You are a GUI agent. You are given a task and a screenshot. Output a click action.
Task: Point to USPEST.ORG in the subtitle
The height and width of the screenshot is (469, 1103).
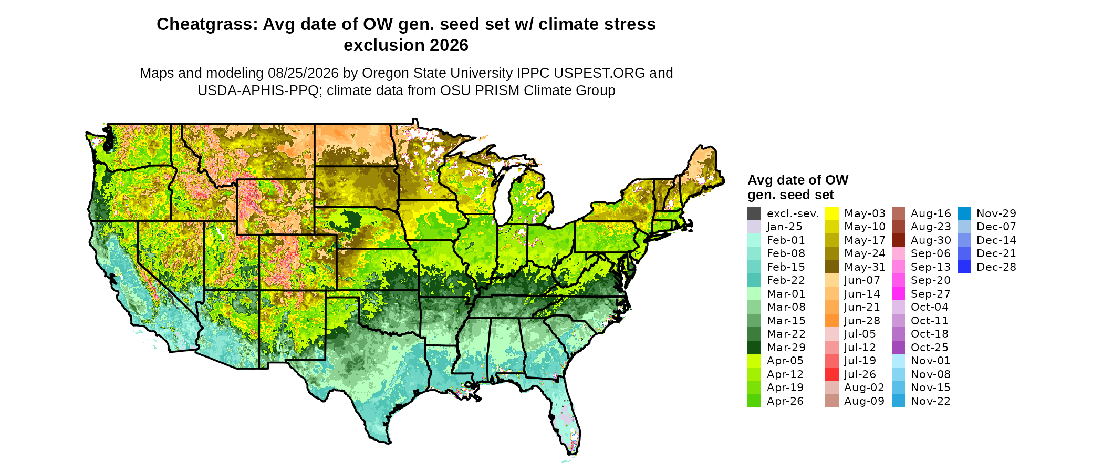[599, 73]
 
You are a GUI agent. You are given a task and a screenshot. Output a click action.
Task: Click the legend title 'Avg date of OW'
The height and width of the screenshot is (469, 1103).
[798, 180]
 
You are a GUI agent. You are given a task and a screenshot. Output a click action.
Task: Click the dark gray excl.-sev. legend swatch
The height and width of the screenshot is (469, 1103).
[754, 213]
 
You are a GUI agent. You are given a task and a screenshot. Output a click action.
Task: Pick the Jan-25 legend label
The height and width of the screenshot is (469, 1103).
[785, 227]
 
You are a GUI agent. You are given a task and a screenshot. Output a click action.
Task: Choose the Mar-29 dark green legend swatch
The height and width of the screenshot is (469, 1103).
[754, 348]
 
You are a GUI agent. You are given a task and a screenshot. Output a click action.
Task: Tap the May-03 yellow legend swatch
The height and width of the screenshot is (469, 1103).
[832, 213]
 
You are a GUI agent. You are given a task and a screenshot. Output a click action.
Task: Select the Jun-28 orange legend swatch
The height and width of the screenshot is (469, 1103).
[832, 321]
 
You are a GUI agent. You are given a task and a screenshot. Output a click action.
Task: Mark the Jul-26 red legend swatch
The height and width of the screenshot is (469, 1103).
[832, 374]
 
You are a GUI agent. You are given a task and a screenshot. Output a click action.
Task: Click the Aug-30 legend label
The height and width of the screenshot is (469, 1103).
[931, 240]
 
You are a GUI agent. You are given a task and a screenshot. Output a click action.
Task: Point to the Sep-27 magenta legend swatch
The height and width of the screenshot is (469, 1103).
[899, 294]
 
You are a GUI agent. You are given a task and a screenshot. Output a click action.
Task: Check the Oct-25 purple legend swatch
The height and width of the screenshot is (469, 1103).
[899, 348]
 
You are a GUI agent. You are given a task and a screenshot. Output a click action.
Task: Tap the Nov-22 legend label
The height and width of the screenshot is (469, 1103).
[931, 401]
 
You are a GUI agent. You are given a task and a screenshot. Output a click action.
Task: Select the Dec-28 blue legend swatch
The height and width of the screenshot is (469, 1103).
[964, 267]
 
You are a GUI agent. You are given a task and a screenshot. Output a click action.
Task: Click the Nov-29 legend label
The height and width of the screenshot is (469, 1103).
[996, 213]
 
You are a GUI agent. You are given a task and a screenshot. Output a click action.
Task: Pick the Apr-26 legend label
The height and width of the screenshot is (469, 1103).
[785, 401]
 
